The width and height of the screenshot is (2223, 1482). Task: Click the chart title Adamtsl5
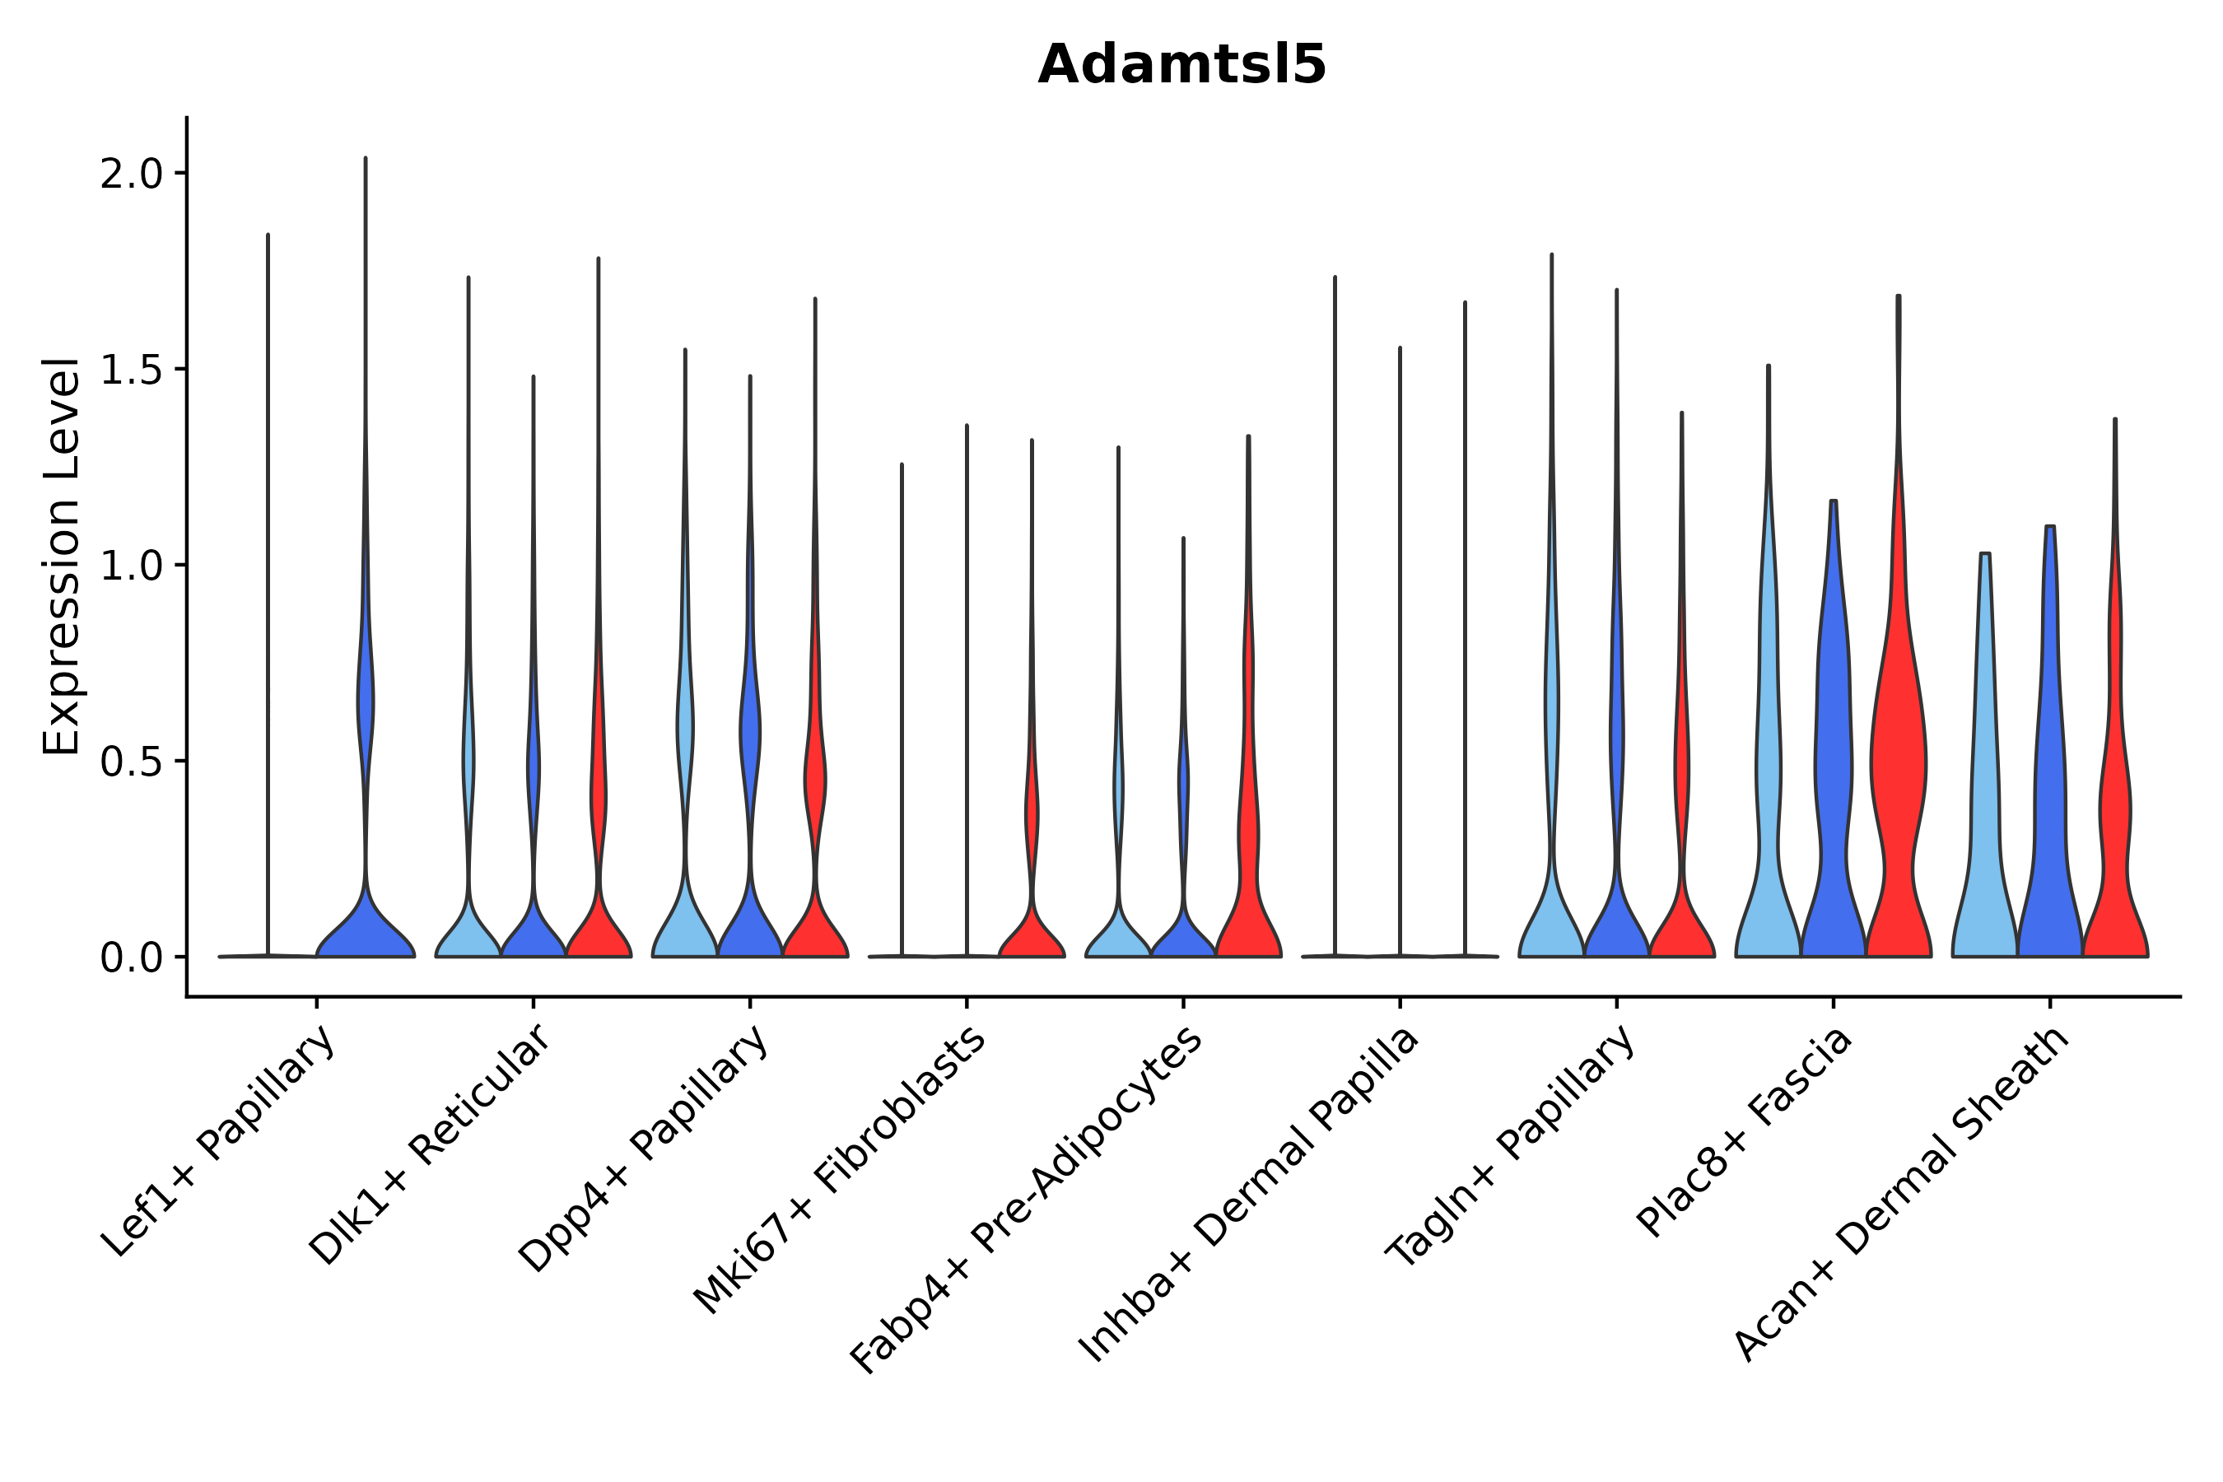pos(1181,65)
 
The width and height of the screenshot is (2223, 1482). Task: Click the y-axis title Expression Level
pos(62,557)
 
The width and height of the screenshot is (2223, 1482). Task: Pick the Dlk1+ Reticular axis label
pos(431,1144)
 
